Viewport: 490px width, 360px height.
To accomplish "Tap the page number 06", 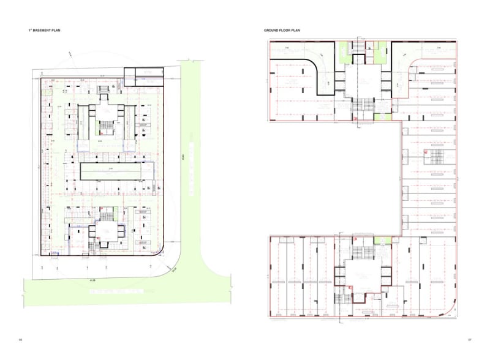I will [20, 340].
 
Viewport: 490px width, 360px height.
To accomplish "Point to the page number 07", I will [469, 340].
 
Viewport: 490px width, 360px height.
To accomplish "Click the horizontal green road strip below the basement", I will [123, 288].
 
